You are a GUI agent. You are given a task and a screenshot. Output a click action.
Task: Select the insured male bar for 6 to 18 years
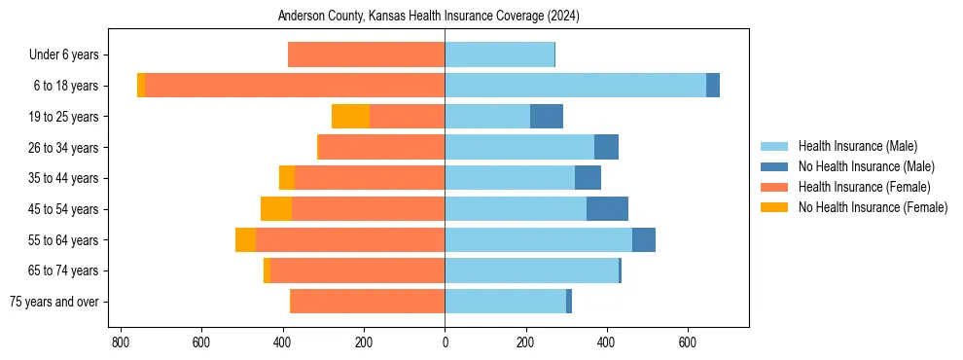[x=575, y=86]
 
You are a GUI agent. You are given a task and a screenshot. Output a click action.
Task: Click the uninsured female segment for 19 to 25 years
[x=350, y=117]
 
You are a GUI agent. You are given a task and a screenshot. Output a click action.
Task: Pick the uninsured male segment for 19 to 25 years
[x=547, y=117]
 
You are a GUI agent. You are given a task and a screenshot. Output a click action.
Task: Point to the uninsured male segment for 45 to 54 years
[x=607, y=209]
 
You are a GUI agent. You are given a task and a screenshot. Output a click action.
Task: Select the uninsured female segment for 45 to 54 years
[x=276, y=209]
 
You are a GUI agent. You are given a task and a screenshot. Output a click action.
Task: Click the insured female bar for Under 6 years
[x=367, y=54]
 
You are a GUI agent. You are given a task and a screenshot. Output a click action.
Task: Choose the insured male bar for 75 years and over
[x=505, y=302]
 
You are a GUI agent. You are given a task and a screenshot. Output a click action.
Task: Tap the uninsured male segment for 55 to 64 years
[x=644, y=240]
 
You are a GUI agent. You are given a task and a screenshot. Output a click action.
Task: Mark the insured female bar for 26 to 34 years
[x=382, y=147]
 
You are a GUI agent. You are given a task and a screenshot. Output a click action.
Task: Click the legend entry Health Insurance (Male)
[x=857, y=146]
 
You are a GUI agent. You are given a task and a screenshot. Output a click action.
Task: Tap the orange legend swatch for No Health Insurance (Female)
[x=774, y=207]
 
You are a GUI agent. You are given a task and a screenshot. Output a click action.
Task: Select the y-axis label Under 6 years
[x=69, y=54]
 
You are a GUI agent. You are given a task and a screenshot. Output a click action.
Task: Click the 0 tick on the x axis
[x=445, y=342]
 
